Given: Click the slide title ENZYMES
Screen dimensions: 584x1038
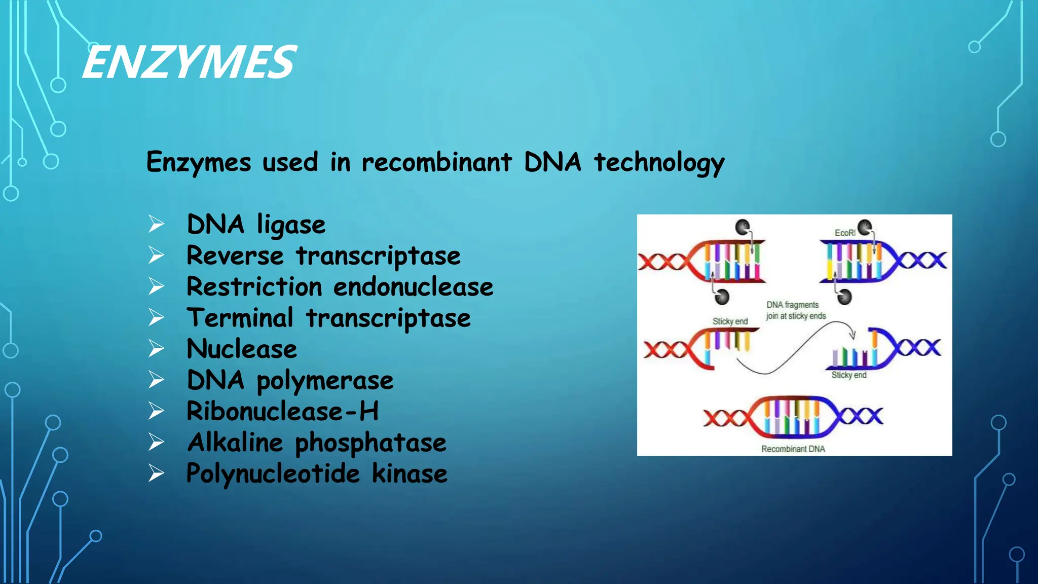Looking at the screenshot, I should coord(189,62).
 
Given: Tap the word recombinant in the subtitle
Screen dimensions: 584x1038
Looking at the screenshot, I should coord(436,163).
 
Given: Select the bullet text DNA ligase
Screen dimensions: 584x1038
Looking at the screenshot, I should coord(256,225).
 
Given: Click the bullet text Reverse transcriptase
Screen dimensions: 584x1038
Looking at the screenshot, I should coord(323,255).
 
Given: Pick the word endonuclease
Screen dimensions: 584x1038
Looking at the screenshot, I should coord(413,287).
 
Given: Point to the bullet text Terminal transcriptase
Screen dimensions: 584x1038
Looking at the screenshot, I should coord(328,318).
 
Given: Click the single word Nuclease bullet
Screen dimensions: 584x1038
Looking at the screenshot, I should coord(242,349).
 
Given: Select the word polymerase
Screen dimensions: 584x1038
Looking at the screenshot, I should coord(325,381).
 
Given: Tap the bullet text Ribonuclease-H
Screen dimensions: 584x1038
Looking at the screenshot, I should coord(282,411).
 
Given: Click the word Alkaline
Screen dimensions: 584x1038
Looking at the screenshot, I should coord(235,443).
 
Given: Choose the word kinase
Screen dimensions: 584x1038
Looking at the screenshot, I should coord(410,473).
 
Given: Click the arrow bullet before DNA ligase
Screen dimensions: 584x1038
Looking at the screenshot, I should coord(156,224).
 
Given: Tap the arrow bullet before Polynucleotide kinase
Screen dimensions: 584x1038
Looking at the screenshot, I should coord(156,473).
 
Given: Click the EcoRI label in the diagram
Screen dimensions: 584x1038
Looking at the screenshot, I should coord(844,233).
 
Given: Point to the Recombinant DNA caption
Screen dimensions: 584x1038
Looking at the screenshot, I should coord(793,449).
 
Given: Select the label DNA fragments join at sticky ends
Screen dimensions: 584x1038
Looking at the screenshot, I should coord(796,310).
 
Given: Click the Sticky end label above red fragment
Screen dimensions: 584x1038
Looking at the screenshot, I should coord(730,321).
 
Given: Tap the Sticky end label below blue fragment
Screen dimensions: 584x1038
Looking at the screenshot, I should coord(848,375).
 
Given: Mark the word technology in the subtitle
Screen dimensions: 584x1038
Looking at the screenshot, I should coord(659,163).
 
